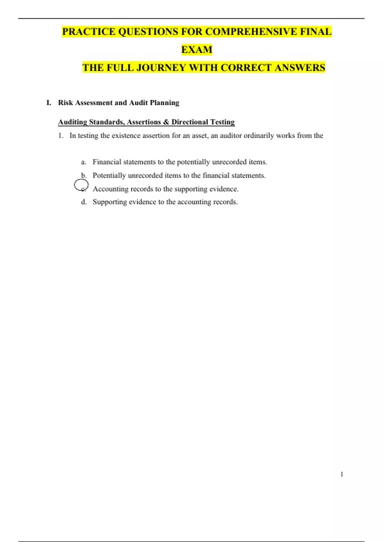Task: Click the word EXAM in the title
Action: coord(197,50)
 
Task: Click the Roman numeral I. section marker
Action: coord(49,103)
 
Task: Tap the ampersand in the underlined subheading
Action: coord(166,122)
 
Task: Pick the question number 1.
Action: coord(61,135)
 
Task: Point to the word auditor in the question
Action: coord(231,135)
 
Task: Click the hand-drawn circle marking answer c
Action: coord(81,185)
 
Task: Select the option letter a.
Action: coord(83,162)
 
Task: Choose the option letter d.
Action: coord(84,202)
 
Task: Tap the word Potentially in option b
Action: coord(109,175)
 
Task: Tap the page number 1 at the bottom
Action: coord(342,474)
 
